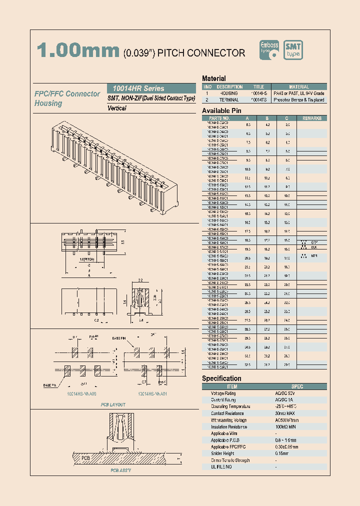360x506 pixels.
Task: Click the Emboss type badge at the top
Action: tap(270, 50)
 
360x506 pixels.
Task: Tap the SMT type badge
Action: tap(293, 50)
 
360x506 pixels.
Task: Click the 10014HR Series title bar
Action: tap(151, 88)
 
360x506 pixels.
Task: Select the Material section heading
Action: tap(214, 78)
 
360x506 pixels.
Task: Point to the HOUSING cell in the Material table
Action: tap(229, 93)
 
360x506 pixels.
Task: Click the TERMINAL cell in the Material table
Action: tap(229, 100)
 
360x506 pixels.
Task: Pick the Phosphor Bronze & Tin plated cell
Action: tap(299, 100)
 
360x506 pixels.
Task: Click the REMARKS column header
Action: tap(312, 118)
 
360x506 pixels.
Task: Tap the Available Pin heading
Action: tap(222, 110)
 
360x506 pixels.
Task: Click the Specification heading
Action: tap(221, 378)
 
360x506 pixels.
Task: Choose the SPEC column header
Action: tap(297, 386)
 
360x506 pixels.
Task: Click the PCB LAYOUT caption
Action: tap(113, 404)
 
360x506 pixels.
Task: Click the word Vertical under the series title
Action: tap(117, 108)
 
